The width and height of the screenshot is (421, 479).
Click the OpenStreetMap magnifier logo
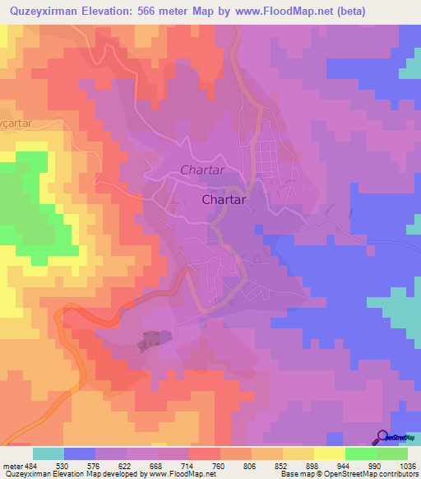point(382,437)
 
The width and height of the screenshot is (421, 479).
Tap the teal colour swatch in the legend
point(48,453)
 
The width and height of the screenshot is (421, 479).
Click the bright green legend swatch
point(360,453)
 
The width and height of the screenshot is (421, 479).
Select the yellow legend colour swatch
point(329,453)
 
